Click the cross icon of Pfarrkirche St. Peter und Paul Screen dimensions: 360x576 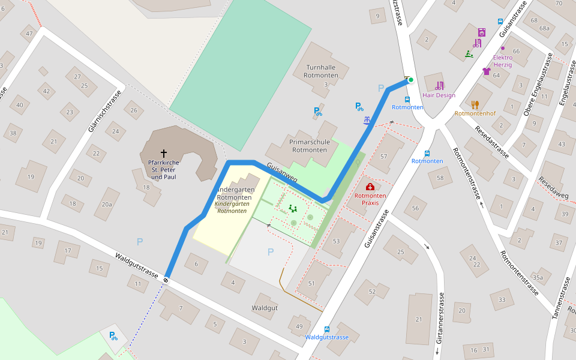(x=164, y=154)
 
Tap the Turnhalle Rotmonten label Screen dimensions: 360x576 (x=321, y=71)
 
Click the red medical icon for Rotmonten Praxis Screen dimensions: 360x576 (x=370, y=187)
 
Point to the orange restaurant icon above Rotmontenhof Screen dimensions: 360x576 (x=475, y=104)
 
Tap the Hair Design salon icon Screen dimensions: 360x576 (x=440, y=86)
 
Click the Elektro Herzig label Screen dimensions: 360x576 (x=503, y=61)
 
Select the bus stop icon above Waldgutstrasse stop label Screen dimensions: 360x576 (x=327, y=329)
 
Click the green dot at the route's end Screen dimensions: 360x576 (x=411, y=80)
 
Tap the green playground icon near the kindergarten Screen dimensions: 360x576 (x=293, y=208)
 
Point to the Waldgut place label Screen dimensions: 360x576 (x=265, y=308)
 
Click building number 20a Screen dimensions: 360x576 (x=107, y=204)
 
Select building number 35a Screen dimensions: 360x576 (x=538, y=277)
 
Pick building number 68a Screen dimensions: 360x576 (x=544, y=28)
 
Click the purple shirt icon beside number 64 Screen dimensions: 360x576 (x=486, y=71)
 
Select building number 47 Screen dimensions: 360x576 (x=29, y=33)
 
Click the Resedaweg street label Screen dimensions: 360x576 (x=553, y=188)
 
